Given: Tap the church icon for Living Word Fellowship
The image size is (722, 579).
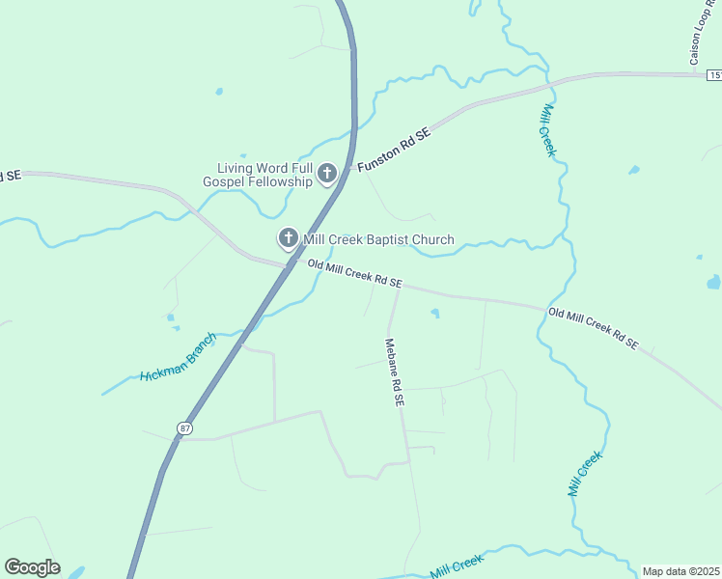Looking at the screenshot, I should [326, 174].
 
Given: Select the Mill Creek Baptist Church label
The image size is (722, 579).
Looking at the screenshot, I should [378, 239].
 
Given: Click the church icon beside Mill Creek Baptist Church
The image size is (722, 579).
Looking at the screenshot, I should [288, 238].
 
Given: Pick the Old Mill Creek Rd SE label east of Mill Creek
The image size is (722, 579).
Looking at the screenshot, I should [593, 328].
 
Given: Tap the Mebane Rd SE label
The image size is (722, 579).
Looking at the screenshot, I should [394, 372].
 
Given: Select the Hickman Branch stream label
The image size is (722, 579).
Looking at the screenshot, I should [178, 356].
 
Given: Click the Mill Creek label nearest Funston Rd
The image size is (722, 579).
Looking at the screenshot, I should [547, 130].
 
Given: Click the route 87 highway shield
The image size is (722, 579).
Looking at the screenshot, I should [183, 427].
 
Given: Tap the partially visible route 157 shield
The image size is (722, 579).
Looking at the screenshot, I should [714, 74].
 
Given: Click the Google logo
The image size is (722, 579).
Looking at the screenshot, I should [32, 567].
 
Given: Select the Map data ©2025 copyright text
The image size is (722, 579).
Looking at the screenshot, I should [680, 571].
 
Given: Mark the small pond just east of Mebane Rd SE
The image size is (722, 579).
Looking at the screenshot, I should [434, 313].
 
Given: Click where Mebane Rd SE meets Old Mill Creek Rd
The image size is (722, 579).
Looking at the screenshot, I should [398, 288].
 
